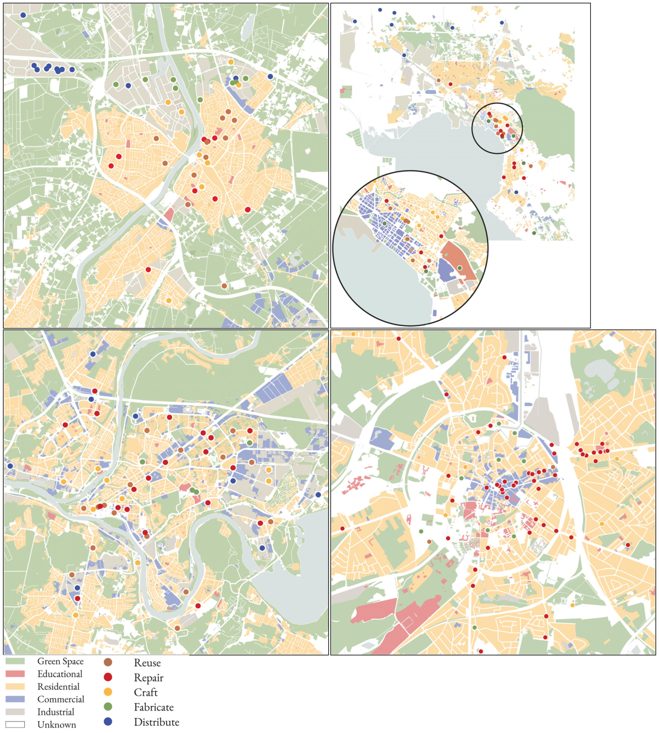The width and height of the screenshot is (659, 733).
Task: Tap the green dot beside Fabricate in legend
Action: (108, 707)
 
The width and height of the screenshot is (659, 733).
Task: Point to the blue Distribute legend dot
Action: (108, 722)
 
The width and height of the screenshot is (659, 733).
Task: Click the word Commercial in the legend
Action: (60, 699)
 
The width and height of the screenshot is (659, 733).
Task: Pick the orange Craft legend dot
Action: (108, 692)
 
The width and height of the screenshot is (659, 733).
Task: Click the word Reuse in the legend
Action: (147, 663)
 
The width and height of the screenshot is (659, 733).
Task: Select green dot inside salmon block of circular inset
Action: (459, 268)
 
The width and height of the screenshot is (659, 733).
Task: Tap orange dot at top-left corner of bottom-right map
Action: (353, 334)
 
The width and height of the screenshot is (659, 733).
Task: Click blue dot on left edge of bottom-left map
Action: (10, 466)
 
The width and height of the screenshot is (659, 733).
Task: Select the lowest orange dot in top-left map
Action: (169, 300)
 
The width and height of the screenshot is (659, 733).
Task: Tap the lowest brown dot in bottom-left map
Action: (177, 628)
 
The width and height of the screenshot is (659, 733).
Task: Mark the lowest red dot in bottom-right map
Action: (481, 651)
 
